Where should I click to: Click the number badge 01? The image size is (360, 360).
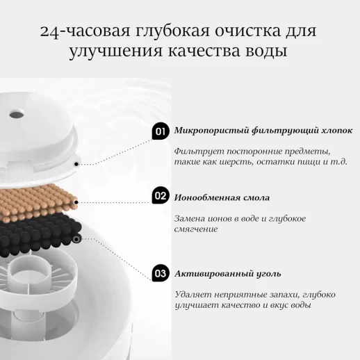pyautogui.click(x=161, y=131)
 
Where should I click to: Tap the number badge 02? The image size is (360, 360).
pyautogui.click(x=161, y=197)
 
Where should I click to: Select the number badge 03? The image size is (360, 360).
pyautogui.click(x=161, y=273)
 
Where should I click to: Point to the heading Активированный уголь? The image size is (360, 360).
pyautogui.click(x=227, y=274)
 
